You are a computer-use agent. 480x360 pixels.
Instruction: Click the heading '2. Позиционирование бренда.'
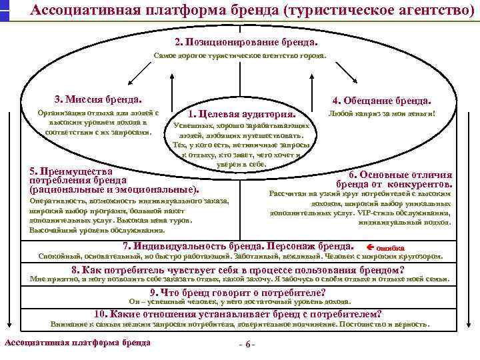point(242,41)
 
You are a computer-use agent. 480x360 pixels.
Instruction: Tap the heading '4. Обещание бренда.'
point(381,101)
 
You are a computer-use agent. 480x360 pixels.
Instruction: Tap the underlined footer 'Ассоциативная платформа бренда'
point(77,343)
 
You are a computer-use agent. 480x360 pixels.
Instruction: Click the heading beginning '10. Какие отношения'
point(239,314)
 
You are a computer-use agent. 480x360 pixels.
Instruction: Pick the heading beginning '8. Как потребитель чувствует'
point(238,270)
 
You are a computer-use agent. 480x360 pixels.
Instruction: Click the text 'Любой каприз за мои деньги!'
point(383,114)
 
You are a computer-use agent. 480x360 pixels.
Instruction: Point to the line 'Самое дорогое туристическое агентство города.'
point(240,56)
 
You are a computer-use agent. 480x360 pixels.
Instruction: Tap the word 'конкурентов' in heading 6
point(419,184)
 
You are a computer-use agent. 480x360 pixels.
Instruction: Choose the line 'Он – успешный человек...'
point(239,301)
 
